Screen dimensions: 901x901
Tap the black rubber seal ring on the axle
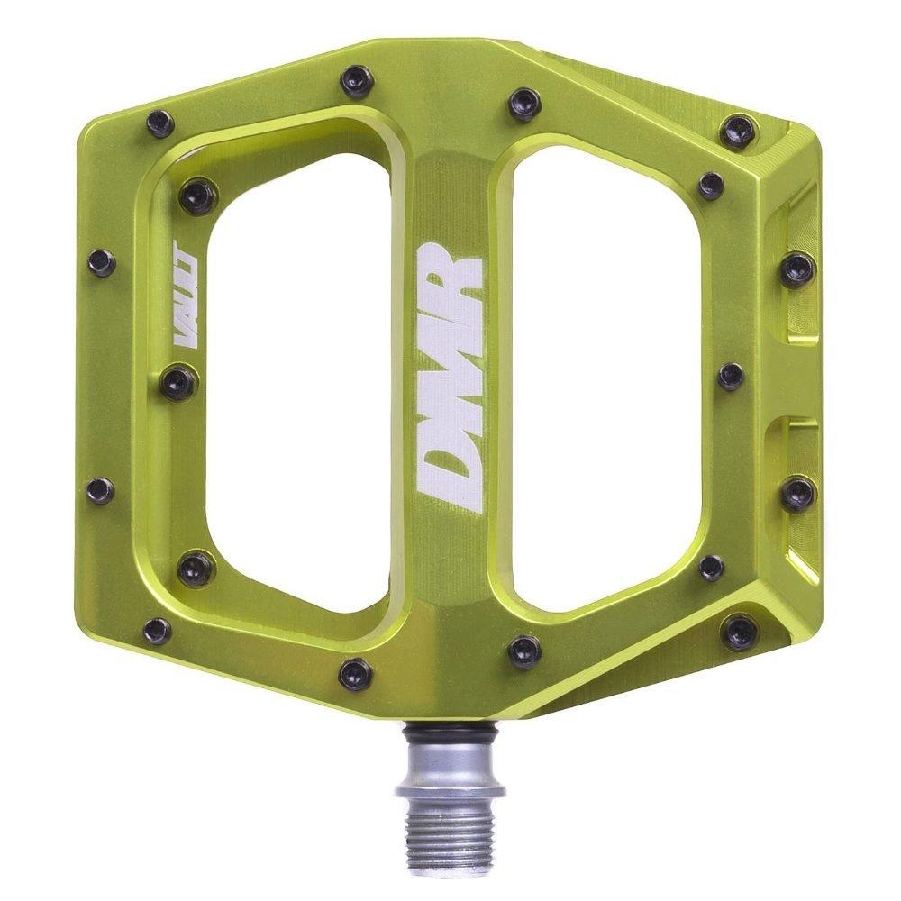pos(448,734)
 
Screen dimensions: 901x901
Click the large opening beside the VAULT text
pos(297,378)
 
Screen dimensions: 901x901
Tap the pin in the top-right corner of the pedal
pos(740,132)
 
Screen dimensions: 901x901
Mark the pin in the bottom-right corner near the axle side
pos(740,630)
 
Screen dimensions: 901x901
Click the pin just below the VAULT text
pos(178,382)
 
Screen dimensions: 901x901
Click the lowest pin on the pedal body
pos(355,672)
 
